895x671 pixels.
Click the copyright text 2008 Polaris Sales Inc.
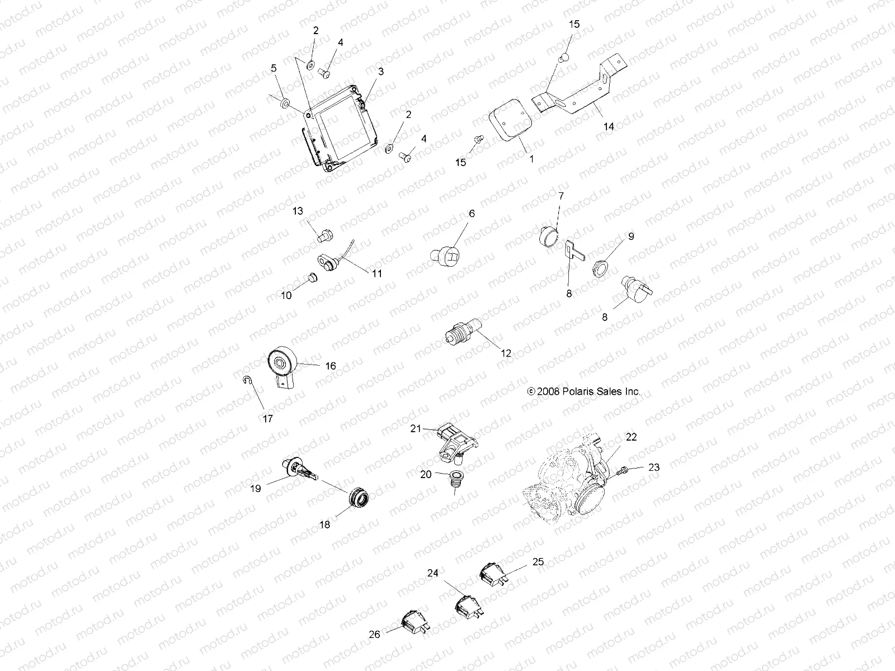583,392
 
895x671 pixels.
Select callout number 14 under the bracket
608,127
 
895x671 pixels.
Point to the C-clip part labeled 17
248,381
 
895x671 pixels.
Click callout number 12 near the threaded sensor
506,353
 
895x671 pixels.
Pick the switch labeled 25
492,572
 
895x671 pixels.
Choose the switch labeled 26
414,624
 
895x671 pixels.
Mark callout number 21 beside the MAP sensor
414,429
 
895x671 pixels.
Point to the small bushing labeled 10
312,277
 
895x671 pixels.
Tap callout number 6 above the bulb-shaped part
471,214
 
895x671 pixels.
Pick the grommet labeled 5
285,103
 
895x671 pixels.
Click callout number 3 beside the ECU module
380,72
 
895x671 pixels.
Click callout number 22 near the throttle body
631,437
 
